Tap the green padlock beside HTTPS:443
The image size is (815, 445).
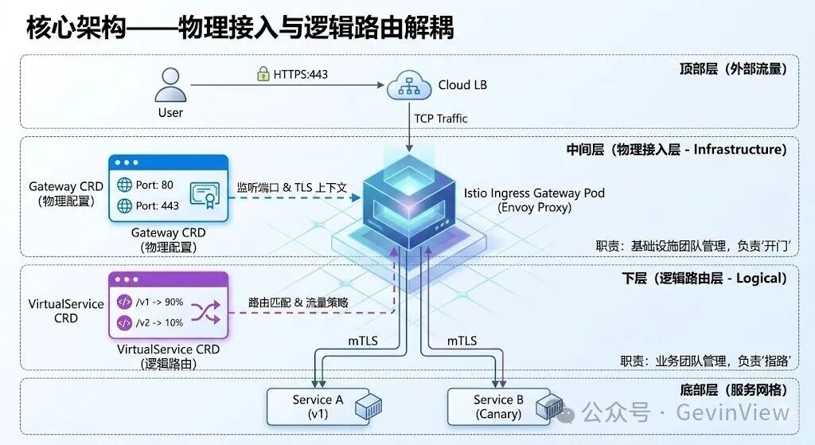tap(263, 74)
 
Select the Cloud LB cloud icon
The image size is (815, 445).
tap(409, 85)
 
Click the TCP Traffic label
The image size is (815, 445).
tap(441, 119)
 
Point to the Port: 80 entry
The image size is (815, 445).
tap(149, 185)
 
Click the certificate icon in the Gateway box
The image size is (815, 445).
tap(204, 194)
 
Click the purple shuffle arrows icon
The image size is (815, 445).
tap(204, 312)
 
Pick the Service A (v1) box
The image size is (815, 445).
tap(318, 407)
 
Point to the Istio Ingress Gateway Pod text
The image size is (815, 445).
tap(534, 193)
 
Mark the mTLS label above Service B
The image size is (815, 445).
tap(462, 341)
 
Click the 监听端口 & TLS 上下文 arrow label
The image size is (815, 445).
tap(291, 188)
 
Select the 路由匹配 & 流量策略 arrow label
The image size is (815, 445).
tap(298, 303)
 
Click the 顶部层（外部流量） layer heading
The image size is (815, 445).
tap(727, 68)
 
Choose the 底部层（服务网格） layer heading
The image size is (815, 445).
tap(728, 390)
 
